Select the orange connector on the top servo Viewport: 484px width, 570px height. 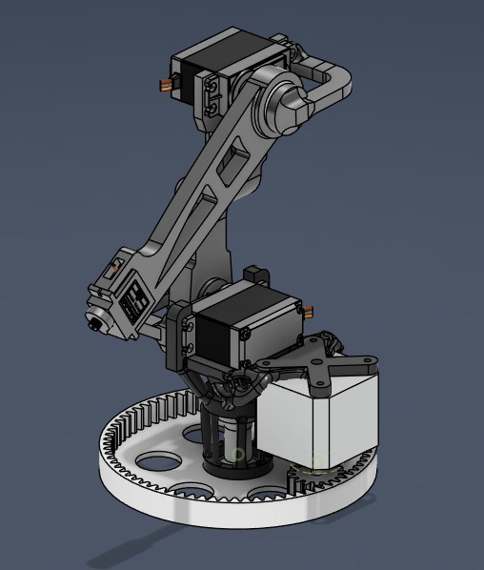tap(168, 86)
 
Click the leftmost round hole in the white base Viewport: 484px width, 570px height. tap(151, 462)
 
